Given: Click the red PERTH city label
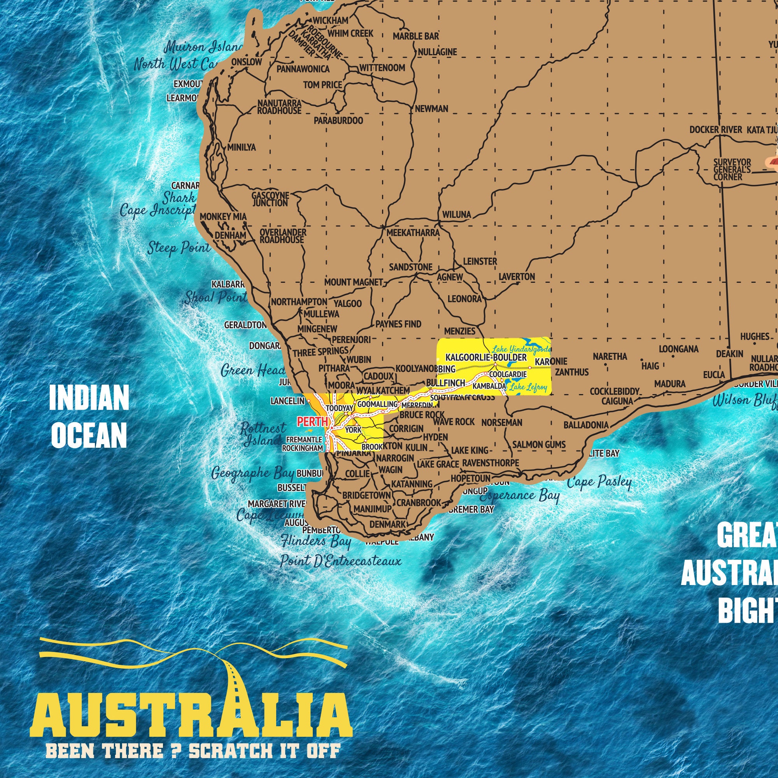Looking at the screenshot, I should tap(312, 422).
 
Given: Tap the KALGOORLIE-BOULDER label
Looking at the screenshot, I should tap(486, 357).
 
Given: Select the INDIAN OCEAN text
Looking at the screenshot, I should tap(89, 416).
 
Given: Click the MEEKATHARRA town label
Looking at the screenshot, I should tap(413, 232).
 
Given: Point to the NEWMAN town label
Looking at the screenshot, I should tap(431, 109).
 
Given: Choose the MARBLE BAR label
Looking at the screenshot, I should tap(415, 36).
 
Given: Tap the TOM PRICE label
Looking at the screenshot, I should tap(322, 85).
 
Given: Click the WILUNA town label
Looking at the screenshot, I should tap(457, 215).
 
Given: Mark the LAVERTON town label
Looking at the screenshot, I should tap(517, 277).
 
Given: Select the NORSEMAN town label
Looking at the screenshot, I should tap(502, 422).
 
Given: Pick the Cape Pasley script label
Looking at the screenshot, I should tap(599, 481).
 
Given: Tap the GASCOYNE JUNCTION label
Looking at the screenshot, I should tap(270, 199).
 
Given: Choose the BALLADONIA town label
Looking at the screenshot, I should tap(586, 425).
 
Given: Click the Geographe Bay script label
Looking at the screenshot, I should tap(252, 473).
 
